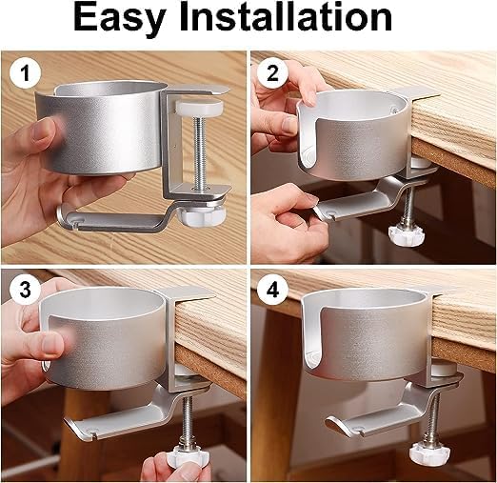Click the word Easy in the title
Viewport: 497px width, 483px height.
129,21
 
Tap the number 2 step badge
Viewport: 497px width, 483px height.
273,71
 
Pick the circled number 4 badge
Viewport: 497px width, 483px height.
273,287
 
